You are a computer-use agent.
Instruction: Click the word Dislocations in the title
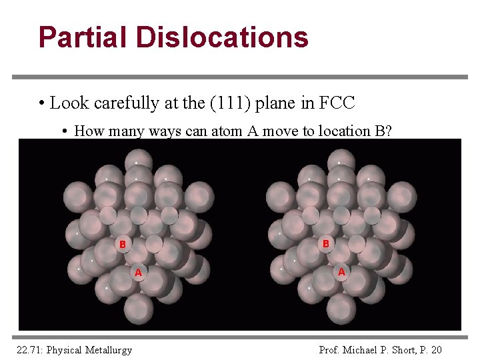222,37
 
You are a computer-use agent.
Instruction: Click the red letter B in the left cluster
122,244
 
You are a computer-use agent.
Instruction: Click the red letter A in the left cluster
139,272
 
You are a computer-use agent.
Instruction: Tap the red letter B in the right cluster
326,244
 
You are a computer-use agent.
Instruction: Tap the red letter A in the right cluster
341,272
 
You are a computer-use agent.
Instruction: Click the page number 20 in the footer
436,349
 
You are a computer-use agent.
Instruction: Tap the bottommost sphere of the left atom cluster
138,308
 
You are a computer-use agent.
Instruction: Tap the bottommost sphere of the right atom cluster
341,308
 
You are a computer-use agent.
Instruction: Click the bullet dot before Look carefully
41,104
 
